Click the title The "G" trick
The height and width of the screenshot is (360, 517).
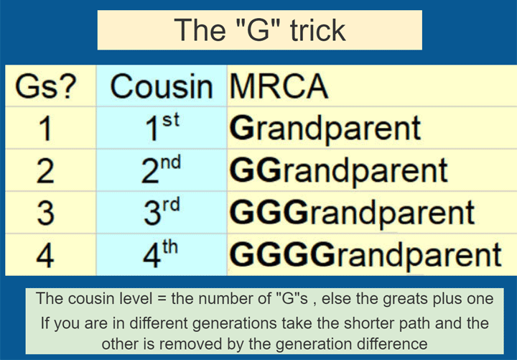point(260,30)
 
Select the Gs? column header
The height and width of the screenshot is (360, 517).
point(46,87)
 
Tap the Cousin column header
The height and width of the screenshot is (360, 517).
point(162,87)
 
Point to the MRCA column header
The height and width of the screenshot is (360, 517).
point(279,86)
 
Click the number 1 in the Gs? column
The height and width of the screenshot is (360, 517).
point(45,129)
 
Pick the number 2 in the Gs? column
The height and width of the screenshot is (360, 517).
point(45,171)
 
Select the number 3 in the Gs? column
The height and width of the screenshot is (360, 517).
point(45,213)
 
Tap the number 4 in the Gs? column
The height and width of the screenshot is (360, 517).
point(45,256)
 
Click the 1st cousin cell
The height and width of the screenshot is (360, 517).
point(162,127)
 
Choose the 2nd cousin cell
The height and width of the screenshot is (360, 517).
point(162,170)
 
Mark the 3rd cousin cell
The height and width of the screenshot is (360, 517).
point(162,212)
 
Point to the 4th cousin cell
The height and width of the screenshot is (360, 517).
point(160,254)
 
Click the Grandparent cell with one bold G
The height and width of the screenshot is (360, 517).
point(325,129)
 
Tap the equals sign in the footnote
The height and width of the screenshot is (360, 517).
point(162,299)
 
